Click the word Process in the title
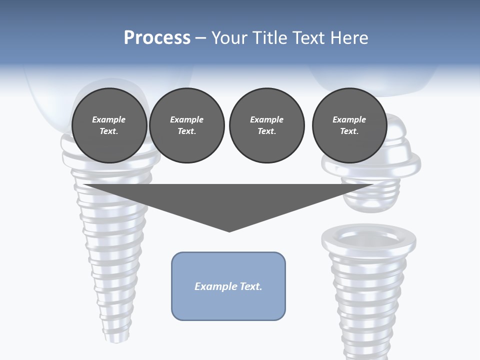click(157, 38)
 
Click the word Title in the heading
click(268, 38)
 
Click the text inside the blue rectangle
click(228, 286)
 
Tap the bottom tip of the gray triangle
click(229, 230)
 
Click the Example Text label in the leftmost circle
click(109, 125)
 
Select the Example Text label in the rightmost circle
click(349, 125)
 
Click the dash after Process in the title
click(200, 38)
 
